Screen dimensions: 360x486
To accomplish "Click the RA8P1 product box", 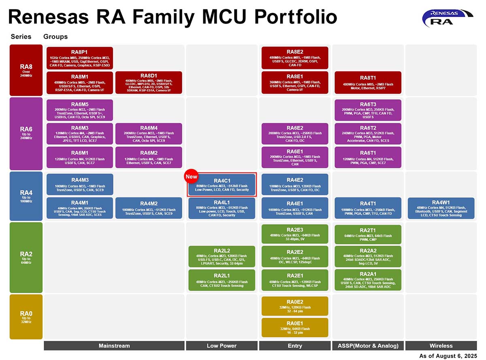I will pyautogui.click(x=80, y=58).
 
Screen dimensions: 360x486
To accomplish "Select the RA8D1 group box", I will pyautogui.click(x=149, y=82).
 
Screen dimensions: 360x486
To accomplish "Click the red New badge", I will pyautogui.click(x=191, y=177).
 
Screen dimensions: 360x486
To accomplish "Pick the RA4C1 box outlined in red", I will pyautogui.click(x=222, y=185).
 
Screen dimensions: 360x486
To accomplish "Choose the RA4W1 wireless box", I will pyautogui.click(x=441, y=208).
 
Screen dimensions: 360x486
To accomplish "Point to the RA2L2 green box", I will pyautogui.click(x=222, y=257).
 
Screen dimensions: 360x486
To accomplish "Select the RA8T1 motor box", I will pyautogui.click(x=368, y=82).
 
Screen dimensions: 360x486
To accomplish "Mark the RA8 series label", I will pyautogui.click(x=26, y=69).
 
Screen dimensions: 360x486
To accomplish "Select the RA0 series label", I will pyautogui.click(x=26, y=316).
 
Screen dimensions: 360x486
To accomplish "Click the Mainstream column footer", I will pyautogui.click(x=114, y=346).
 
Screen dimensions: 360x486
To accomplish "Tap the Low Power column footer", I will pyautogui.click(x=222, y=346).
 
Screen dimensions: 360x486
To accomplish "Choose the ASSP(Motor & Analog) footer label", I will pyautogui.click(x=368, y=346).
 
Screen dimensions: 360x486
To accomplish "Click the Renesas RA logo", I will pyautogui.click(x=447, y=19).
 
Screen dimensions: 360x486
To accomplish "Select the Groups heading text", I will pyautogui.click(x=55, y=36).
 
